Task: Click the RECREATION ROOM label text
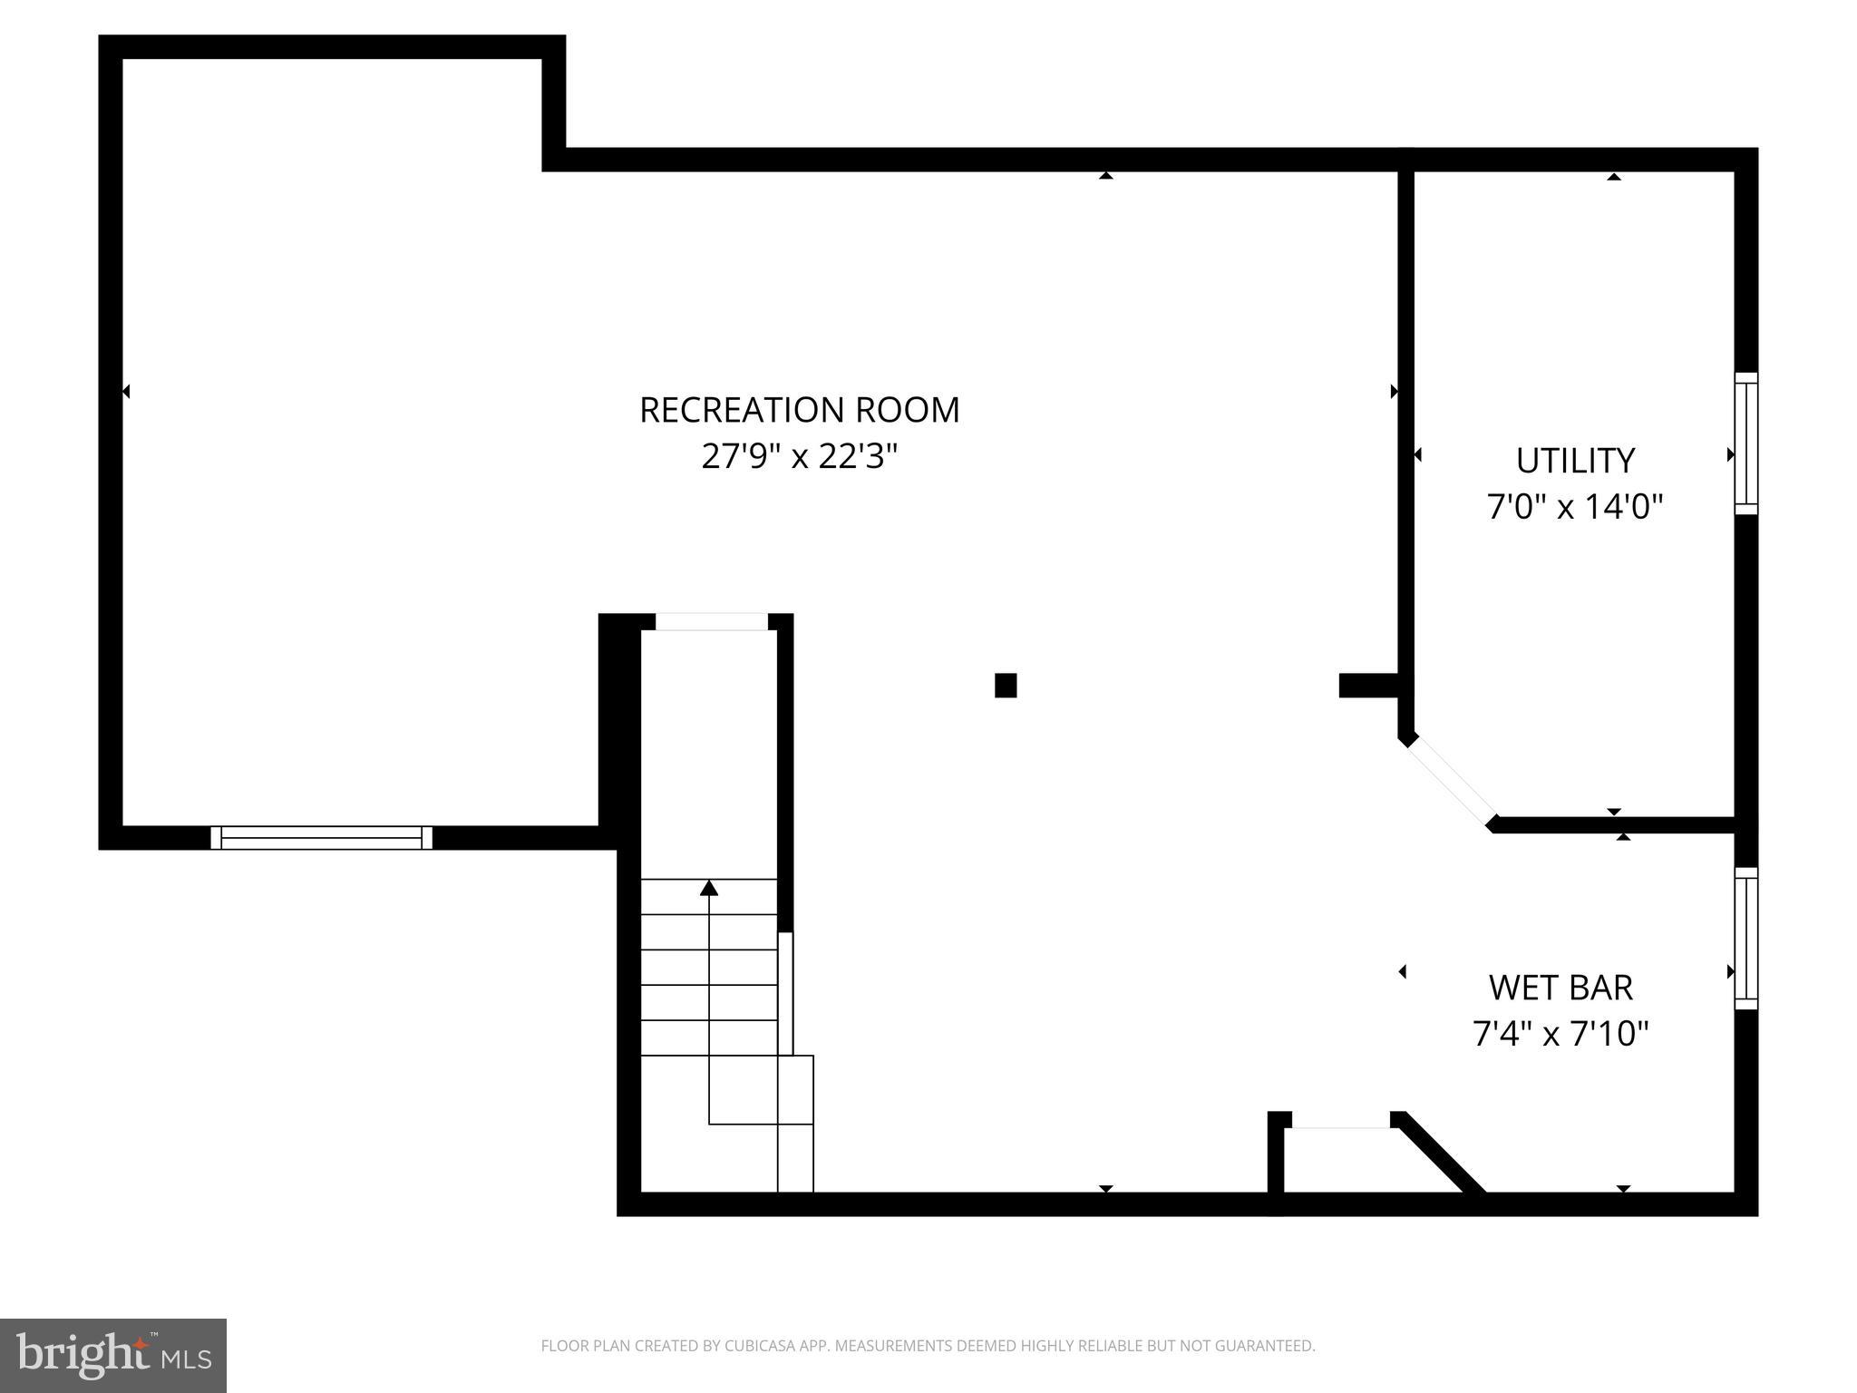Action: pyautogui.click(x=799, y=410)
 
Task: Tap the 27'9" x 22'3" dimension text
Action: pyautogui.click(x=799, y=456)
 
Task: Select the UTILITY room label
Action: pyautogui.click(x=1575, y=461)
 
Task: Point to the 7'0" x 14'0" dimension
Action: pyautogui.click(x=1575, y=507)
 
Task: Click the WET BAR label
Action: pyautogui.click(x=1560, y=987)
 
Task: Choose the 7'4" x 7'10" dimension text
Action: pyautogui.click(x=1560, y=1033)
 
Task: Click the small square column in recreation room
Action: pyautogui.click(x=1006, y=685)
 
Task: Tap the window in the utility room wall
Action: pyautogui.click(x=1745, y=443)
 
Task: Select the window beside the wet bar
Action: pyautogui.click(x=1745, y=938)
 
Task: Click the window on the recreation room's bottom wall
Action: pyautogui.click(x=321, y=837)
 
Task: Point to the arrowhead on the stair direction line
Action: pyautogui.click(x=709, y=888)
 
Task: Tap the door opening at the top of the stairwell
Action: pyautogui.click(x=712, y=622)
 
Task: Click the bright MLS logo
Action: pyautogui.click(x=113, y=1355)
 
